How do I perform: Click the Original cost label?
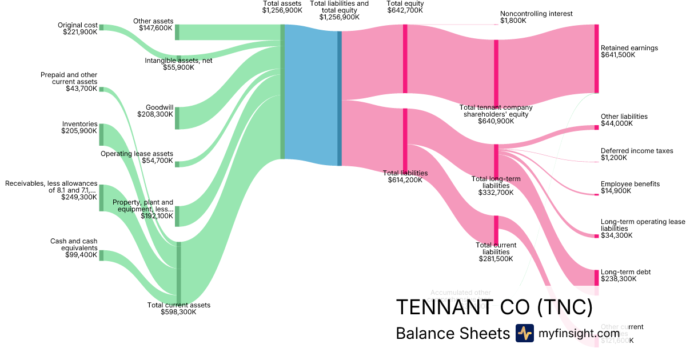pos(77,25)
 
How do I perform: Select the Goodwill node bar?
pos(177,118)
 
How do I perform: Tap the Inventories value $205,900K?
pos(79,131)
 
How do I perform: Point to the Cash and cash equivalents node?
pos(101,255)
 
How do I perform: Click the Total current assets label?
pos(179,305)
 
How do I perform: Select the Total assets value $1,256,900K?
pos(282,10)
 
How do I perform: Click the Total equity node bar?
pos(405,58)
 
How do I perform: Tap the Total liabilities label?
pos(405,173)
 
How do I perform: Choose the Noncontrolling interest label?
pos(536,14)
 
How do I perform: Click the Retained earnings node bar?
pos(596,58)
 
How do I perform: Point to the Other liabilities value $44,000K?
pos(617,123)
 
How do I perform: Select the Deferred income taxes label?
pos(637,151)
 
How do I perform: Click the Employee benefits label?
pos(630,184)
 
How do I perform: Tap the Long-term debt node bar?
pos(596,277)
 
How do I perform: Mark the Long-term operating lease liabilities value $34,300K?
pos(617,235)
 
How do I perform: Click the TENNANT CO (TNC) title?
pos(494,307)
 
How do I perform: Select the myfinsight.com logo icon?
pos(524,333)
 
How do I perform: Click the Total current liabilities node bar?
pos(496,230)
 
